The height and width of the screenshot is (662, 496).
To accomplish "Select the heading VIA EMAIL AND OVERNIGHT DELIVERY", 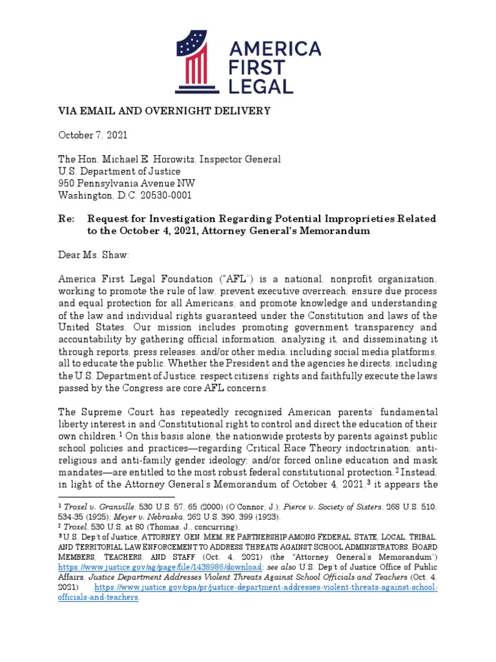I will click(x=165, y=111).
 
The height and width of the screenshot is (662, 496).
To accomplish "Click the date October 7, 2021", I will click(x=93, y=135).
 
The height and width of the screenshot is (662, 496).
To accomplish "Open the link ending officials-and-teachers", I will click(x=99, y=597).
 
